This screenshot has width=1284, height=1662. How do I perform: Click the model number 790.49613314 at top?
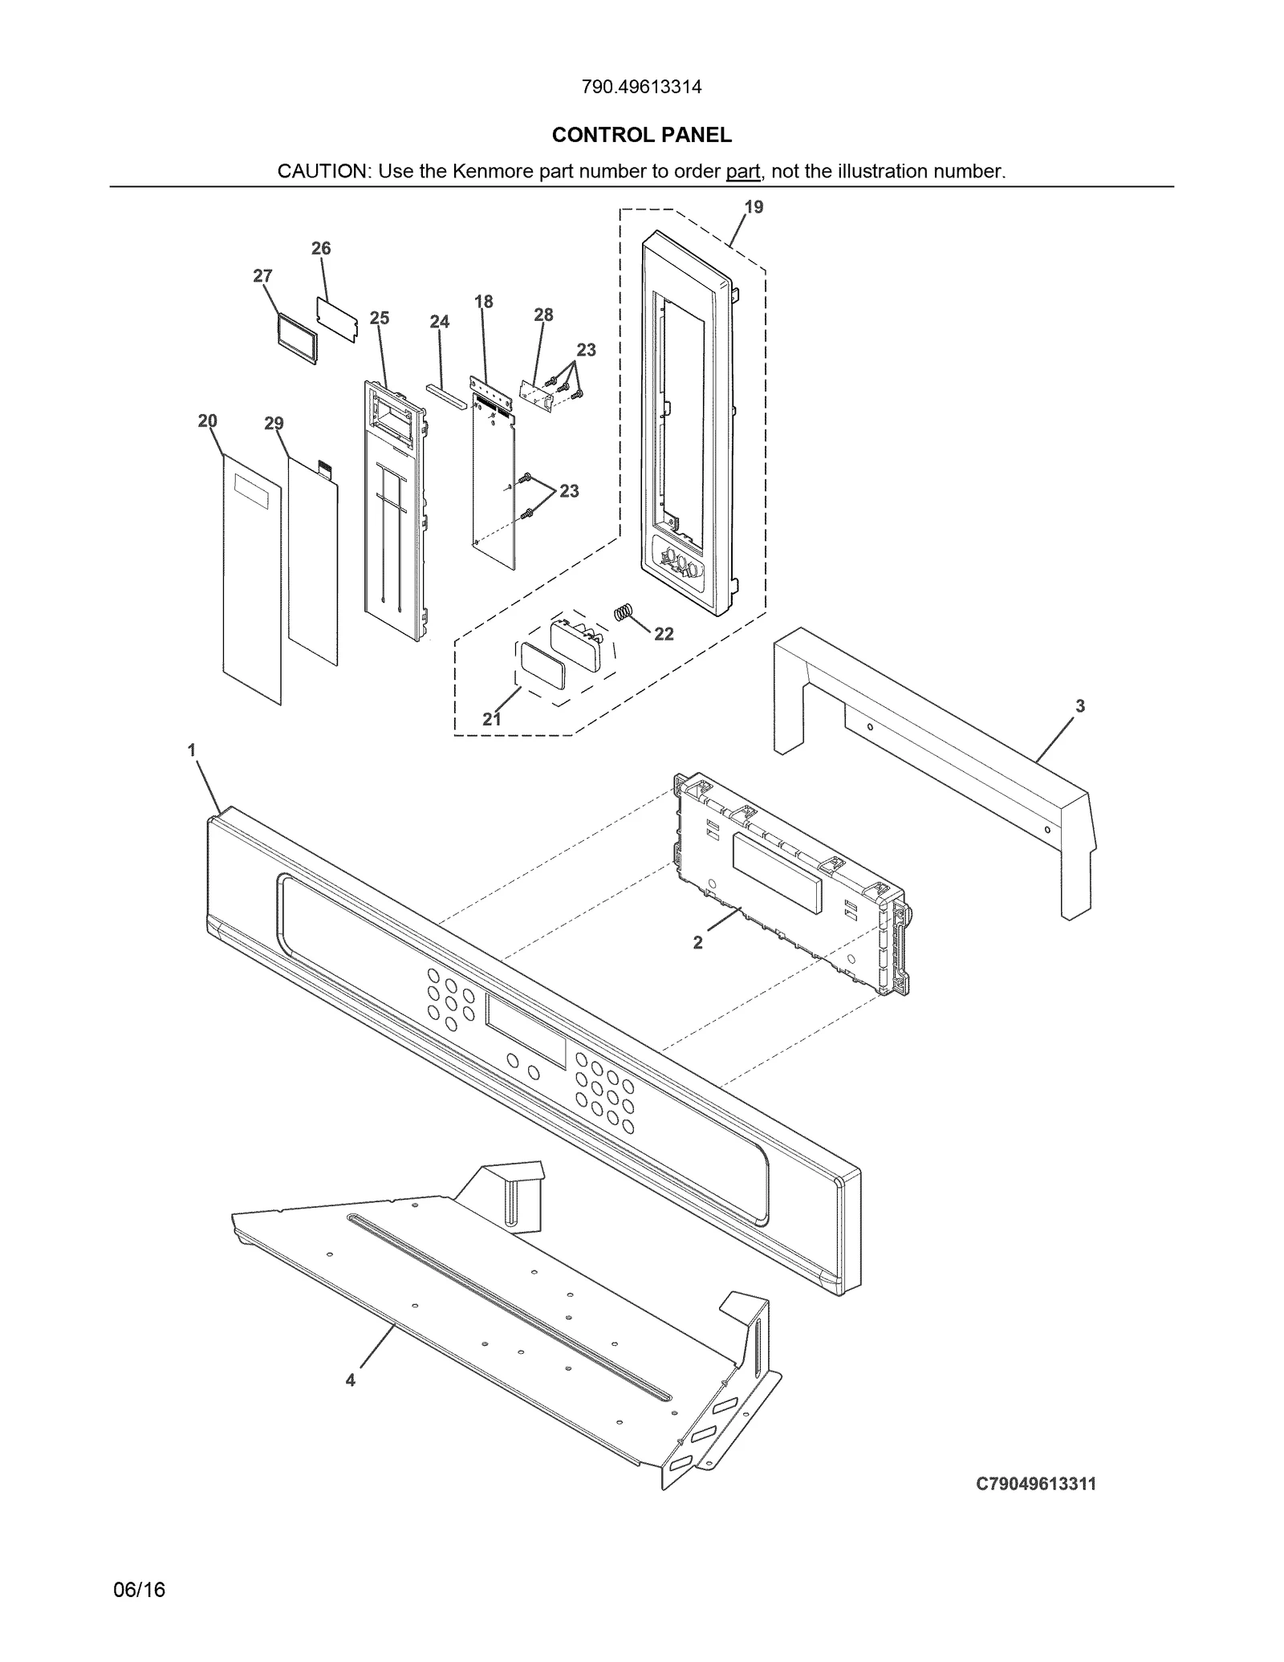[641, 87]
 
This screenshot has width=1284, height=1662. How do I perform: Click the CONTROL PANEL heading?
[641, 135]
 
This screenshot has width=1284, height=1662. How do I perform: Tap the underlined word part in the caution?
[742, 171]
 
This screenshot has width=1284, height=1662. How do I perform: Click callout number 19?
[754, 207]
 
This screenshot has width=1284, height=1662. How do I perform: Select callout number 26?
[321, 249]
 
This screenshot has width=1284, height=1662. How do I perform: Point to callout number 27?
[262, 276]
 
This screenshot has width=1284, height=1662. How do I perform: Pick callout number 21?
[492, 719]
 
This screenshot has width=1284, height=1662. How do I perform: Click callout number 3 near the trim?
[1079, 706]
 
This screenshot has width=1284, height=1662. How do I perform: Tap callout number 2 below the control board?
[697, 943]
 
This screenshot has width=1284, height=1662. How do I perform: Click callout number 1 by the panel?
[192, 750]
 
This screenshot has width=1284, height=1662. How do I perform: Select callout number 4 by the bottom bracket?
[351, 1380]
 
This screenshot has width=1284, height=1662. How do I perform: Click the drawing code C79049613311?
[1035, 1484]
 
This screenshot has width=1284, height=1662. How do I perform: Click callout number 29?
[274, 424]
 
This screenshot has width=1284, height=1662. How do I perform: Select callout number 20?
[207, 421]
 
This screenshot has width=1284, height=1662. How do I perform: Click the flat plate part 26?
[336, 320]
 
